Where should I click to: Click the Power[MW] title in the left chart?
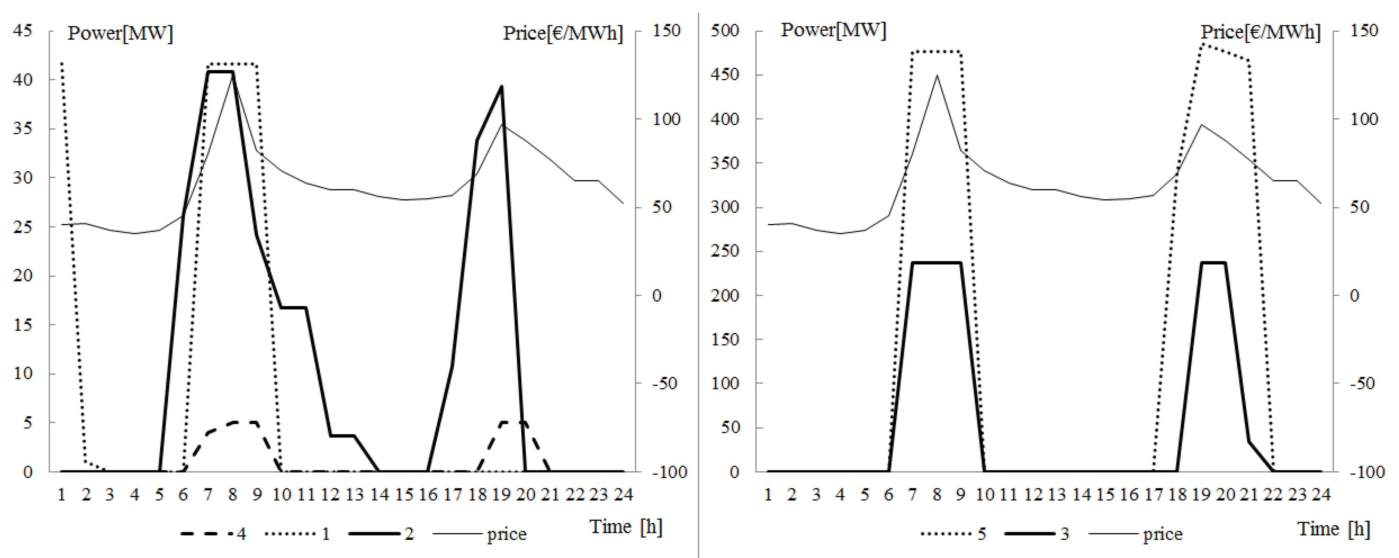120,33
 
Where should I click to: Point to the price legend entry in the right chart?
1135,533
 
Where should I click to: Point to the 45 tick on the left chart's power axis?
23,30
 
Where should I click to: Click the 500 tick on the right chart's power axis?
725,30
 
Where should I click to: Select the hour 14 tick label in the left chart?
379,494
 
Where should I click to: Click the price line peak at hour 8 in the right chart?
937,76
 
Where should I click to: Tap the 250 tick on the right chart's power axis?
725,251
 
